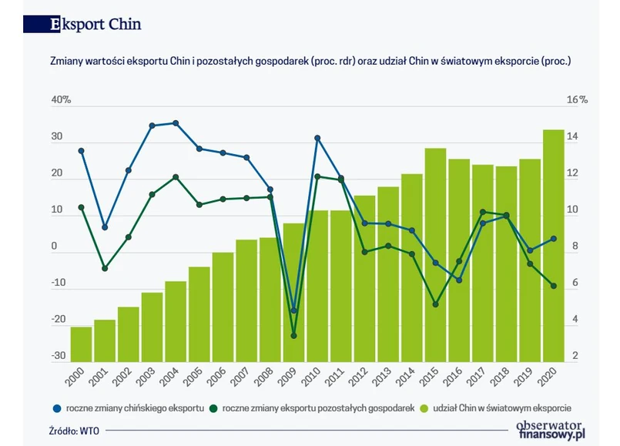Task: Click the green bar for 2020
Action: coord(554,246)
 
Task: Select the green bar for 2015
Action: coord(436,254)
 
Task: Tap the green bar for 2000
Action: coord(81,344)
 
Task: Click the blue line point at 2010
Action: coord(317,139)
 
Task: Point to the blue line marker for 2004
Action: coord(176,123)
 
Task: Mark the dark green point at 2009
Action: coord(293,336)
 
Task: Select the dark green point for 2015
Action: coord(436,304)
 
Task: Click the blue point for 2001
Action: coord(105,227)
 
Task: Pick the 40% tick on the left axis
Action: coord(61,100)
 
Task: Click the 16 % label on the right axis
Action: coord(577,100)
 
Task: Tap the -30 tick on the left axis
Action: coord(58,356)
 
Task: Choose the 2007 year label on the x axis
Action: coord(243,377)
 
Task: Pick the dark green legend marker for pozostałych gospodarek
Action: coord(214,407)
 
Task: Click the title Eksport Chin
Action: coord(96,24)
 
